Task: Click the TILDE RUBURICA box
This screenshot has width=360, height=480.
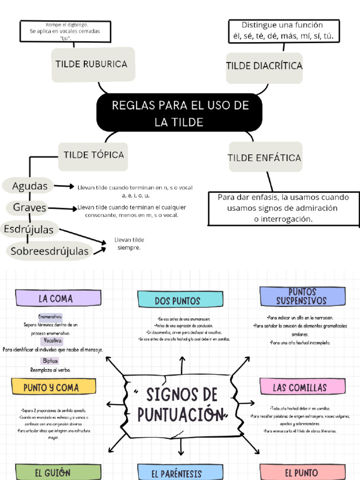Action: click(x=92, y=65)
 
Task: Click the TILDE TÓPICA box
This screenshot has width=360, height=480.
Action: click(x=93, y=155)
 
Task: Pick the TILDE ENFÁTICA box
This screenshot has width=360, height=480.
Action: click(x=264, y=158)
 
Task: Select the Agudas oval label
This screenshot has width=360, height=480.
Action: click(x=30, y=186)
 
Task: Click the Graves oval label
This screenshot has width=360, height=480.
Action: click(x=30, y=207)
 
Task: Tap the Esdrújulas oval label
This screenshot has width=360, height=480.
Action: click(x=30, y=229)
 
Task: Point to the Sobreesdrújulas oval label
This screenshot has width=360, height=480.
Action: click(x=49, y=251)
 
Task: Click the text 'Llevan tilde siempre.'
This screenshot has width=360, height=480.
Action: click(x=129, y=244)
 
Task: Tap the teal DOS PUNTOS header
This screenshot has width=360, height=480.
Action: click(x=180, y=300)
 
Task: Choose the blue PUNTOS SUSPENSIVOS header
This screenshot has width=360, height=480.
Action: click(x=302, y=296)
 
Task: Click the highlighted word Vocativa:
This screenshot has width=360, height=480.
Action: click(x=53, y=340)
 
